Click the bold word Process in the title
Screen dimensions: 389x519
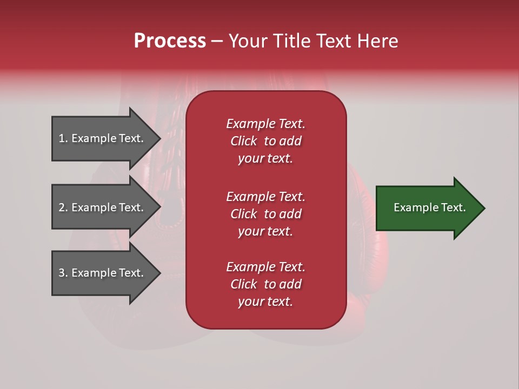click(x=170, y=41)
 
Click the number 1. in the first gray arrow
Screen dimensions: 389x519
click(x=63, y=138)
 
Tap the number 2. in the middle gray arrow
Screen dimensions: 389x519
click(x=63, y=207)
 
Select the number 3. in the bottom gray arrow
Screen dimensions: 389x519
click(x=63, y=273)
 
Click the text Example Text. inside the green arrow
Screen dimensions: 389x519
click(x=430, y=207)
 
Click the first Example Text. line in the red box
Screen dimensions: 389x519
click(x=265, y=124)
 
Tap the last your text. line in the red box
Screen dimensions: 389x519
click(x=265, y=301)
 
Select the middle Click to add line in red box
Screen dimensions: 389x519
click(x=265, y=214)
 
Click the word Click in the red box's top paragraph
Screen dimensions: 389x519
click(x=243, y=141)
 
